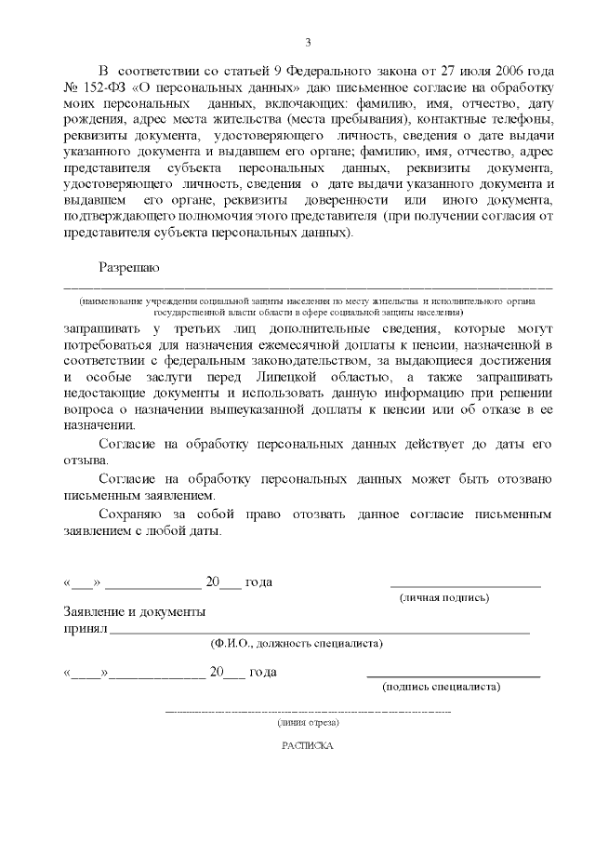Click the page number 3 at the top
308,41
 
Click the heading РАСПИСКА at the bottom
307,745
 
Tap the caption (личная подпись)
443,597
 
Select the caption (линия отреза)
308,722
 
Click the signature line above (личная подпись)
466,587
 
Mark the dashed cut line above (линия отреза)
308,712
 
